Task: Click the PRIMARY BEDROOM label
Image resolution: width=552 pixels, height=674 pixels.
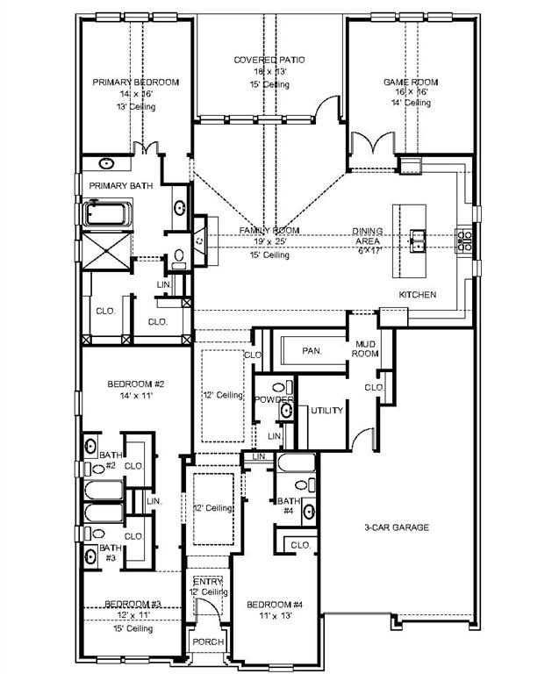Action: tap(136, 82)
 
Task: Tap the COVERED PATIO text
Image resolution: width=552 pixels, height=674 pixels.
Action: tap(269, 60)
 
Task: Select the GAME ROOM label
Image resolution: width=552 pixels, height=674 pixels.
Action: tap(410, 82)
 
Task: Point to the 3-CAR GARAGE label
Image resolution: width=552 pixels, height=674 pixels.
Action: tap(397, 527)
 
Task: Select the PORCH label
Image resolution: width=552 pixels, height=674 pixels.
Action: tap(208, 642)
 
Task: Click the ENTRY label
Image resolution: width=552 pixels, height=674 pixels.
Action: tap(208, 582)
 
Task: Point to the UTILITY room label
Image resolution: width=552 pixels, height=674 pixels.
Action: tap(326, 410)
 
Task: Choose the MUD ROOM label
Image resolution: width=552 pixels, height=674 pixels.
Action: tap(365, 348)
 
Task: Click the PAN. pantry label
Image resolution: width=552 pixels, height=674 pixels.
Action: tap(311, 351)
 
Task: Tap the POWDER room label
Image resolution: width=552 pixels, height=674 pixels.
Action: tap(273, 400)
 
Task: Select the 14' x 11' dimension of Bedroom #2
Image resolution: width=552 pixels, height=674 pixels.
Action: tap(136, 397)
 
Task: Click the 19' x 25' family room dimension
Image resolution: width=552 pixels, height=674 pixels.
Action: tap(269, 243)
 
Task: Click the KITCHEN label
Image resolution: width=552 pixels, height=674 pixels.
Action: tap(417, 295)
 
